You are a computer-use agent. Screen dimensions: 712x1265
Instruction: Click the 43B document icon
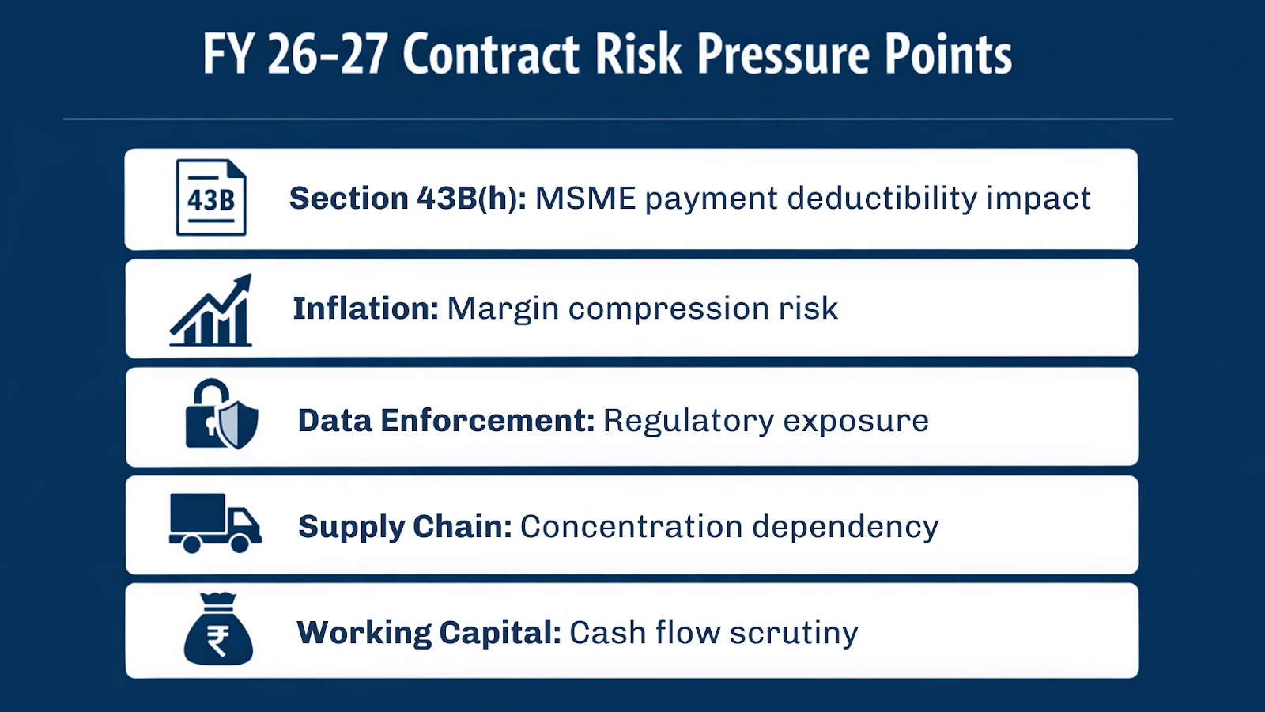click(210, 198)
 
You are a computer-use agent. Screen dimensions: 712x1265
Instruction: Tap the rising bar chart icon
click(211, 312)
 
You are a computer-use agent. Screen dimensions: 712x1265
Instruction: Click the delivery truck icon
click(214, 523)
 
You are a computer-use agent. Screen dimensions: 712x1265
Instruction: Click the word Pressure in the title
click(783, 55)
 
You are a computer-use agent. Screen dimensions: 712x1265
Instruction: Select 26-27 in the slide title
click(327, 55)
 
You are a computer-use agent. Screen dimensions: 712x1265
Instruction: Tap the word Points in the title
click(948, 55)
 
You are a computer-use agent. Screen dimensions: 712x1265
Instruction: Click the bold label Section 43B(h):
click(407, 199)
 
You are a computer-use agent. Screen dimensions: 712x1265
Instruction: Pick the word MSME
click(585, 199)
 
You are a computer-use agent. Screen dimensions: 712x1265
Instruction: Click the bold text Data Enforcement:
click(446, 421)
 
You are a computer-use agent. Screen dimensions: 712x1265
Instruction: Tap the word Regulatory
click(688, 422)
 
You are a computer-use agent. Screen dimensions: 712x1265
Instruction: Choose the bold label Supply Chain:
click(405, 527)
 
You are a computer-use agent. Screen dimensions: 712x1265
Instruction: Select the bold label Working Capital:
click(429, 633)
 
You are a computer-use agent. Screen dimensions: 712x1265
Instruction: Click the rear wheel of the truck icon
click(191, 543)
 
